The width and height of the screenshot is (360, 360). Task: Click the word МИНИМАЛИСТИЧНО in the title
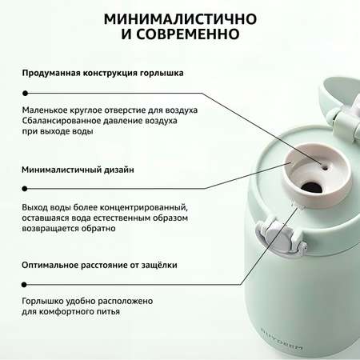click(180, 19)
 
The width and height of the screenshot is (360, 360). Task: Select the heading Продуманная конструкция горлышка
click(102, 73)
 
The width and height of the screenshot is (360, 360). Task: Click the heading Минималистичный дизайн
click(78, 170)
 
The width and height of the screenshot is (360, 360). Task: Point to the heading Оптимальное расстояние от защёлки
click(99, 265)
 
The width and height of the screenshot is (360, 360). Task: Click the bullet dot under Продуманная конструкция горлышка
click(25, 94)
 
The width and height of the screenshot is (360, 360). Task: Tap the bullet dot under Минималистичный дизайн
click(25, 189)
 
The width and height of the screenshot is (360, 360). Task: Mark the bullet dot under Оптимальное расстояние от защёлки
click(24, 285)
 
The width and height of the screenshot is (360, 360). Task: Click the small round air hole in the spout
click(325, 167)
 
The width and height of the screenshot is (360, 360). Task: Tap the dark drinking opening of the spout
click(311, 187)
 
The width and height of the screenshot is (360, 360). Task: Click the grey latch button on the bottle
click(280, 236)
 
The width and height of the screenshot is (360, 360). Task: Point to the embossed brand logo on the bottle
click(282, 339)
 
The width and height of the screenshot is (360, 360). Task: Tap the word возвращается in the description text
click(50, 229)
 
